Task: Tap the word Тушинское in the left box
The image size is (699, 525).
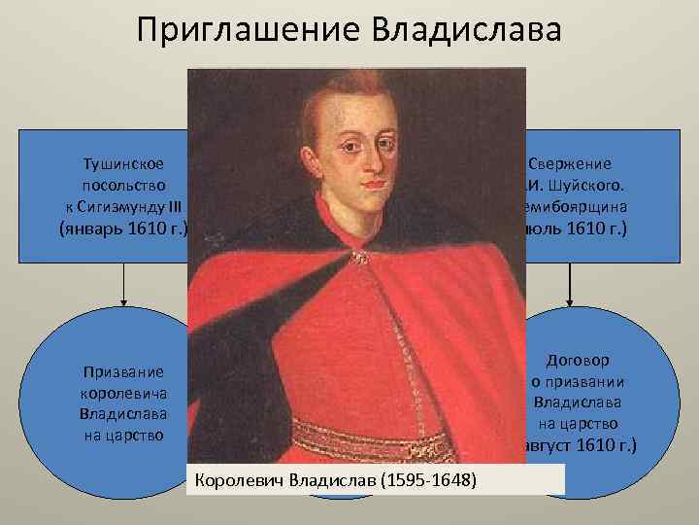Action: pyautogui.click(x=124, y=163)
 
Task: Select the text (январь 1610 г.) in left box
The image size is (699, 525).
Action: pyautogui.click(x=124, y=229)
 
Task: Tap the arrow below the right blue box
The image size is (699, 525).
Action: pyautogui.click(x=571, y=284)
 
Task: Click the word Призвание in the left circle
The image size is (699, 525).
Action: pyautogui.click(x=124, y=371)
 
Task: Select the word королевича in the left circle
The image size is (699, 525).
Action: pyautogui.click(x=124, y=393)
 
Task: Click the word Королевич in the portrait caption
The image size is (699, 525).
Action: pyautogui.click(x=240, y=479)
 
